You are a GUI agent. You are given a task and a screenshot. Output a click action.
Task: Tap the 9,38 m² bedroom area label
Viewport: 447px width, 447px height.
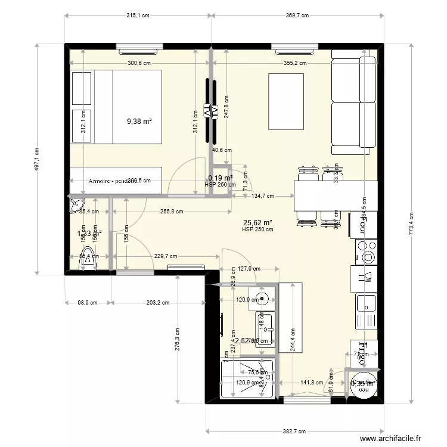coord(139,121)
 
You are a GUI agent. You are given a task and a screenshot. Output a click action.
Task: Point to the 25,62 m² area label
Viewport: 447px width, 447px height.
coord(257,222)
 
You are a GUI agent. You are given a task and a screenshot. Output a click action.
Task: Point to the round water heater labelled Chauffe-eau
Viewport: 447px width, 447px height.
coord(362,384)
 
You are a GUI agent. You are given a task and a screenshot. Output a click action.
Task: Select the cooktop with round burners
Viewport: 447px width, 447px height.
coord(366,251)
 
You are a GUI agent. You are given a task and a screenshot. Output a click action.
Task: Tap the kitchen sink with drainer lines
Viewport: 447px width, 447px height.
coord(367,311)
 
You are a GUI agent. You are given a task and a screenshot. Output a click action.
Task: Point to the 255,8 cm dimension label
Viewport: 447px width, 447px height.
coord(172,211)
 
